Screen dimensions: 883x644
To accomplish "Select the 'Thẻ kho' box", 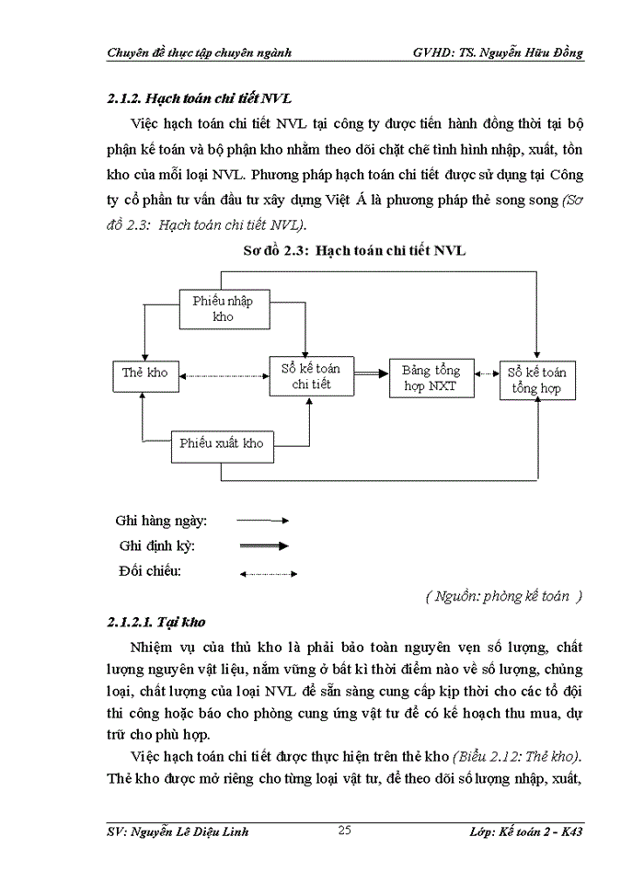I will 145,373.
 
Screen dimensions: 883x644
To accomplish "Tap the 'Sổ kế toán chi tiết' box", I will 311,376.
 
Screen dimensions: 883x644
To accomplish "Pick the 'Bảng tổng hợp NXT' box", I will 431,378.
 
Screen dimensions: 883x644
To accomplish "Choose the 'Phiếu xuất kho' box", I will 222,443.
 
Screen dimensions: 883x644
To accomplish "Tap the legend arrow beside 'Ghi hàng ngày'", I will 263,521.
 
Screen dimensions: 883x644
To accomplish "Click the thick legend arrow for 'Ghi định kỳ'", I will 263,545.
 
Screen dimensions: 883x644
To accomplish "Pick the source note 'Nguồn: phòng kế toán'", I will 504,596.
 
